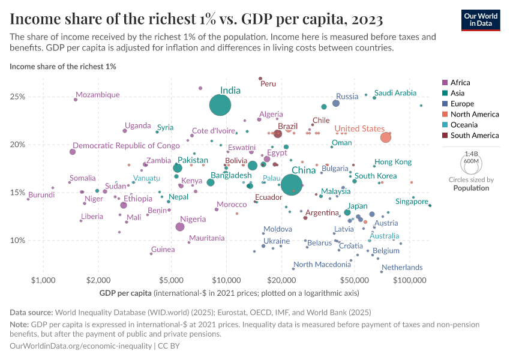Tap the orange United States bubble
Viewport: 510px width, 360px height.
[x=386, y=137]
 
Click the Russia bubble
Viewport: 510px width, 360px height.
[x=336, y=103]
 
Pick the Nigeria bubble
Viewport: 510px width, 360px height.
[x=180, y=227]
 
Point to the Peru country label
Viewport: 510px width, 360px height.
[x=268, y=84]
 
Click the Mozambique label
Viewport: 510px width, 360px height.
[x=98, y=95]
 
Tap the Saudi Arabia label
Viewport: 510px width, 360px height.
[x=395, y=93]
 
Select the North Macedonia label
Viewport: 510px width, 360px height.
[x=322, y=265]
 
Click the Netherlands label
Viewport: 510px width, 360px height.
[x=402, y=268]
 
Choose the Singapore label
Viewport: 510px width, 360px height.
[x=412, y=202]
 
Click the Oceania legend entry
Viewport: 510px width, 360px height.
[x=463, y=125]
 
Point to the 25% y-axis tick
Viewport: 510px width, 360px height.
[x=17, y=97]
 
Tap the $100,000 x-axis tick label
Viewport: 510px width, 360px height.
[x=410, y=280]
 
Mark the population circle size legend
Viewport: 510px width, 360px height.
[x=471, y=162]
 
